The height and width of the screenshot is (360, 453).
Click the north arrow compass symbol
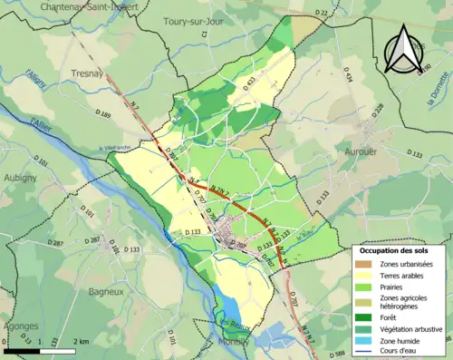[x=401, y=50]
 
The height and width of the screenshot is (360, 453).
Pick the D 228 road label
[x=378, y=108]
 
